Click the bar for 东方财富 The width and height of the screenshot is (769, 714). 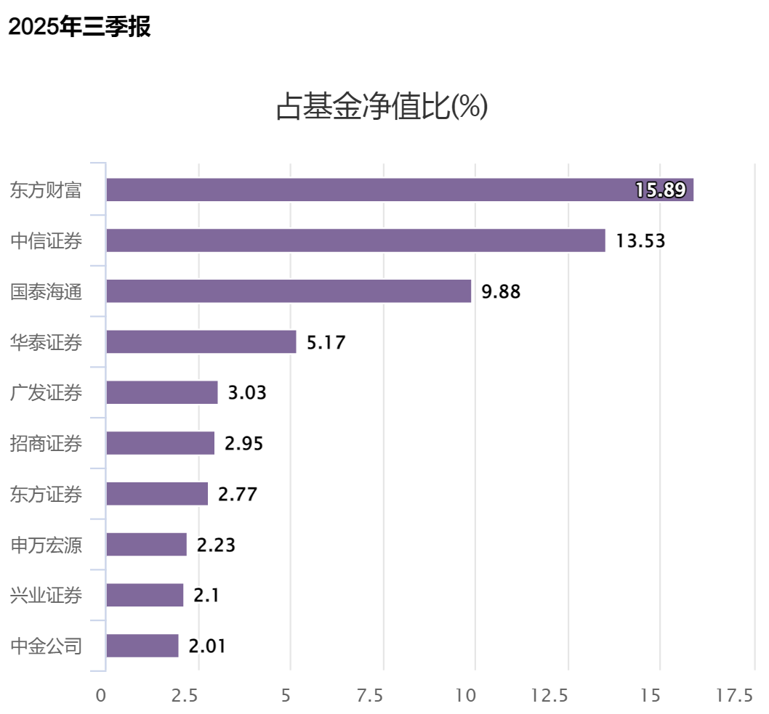[400, 190]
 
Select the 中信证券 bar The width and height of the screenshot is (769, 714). [355, 240]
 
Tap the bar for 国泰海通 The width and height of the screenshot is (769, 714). [289, 291]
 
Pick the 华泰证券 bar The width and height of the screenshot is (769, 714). [201, 341]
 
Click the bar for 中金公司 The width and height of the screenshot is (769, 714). [142, 646]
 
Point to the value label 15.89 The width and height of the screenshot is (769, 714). [660, 190]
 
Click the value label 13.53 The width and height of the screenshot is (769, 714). [640, 241]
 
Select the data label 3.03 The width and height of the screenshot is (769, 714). [247, 393]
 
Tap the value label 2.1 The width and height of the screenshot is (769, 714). [206, 596]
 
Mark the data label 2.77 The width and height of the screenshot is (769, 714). [238, 495]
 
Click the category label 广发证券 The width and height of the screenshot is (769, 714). [46, 393]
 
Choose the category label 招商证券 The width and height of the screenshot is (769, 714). [46, 443]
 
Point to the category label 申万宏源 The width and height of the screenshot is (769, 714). [46, 545]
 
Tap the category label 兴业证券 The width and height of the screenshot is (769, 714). [46, 596]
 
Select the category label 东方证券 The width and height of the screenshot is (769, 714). [46, 494]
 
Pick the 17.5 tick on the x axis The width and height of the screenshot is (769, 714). [734, 695]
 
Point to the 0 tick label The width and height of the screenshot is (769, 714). [101, 695]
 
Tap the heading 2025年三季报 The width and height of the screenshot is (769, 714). [79, 28]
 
